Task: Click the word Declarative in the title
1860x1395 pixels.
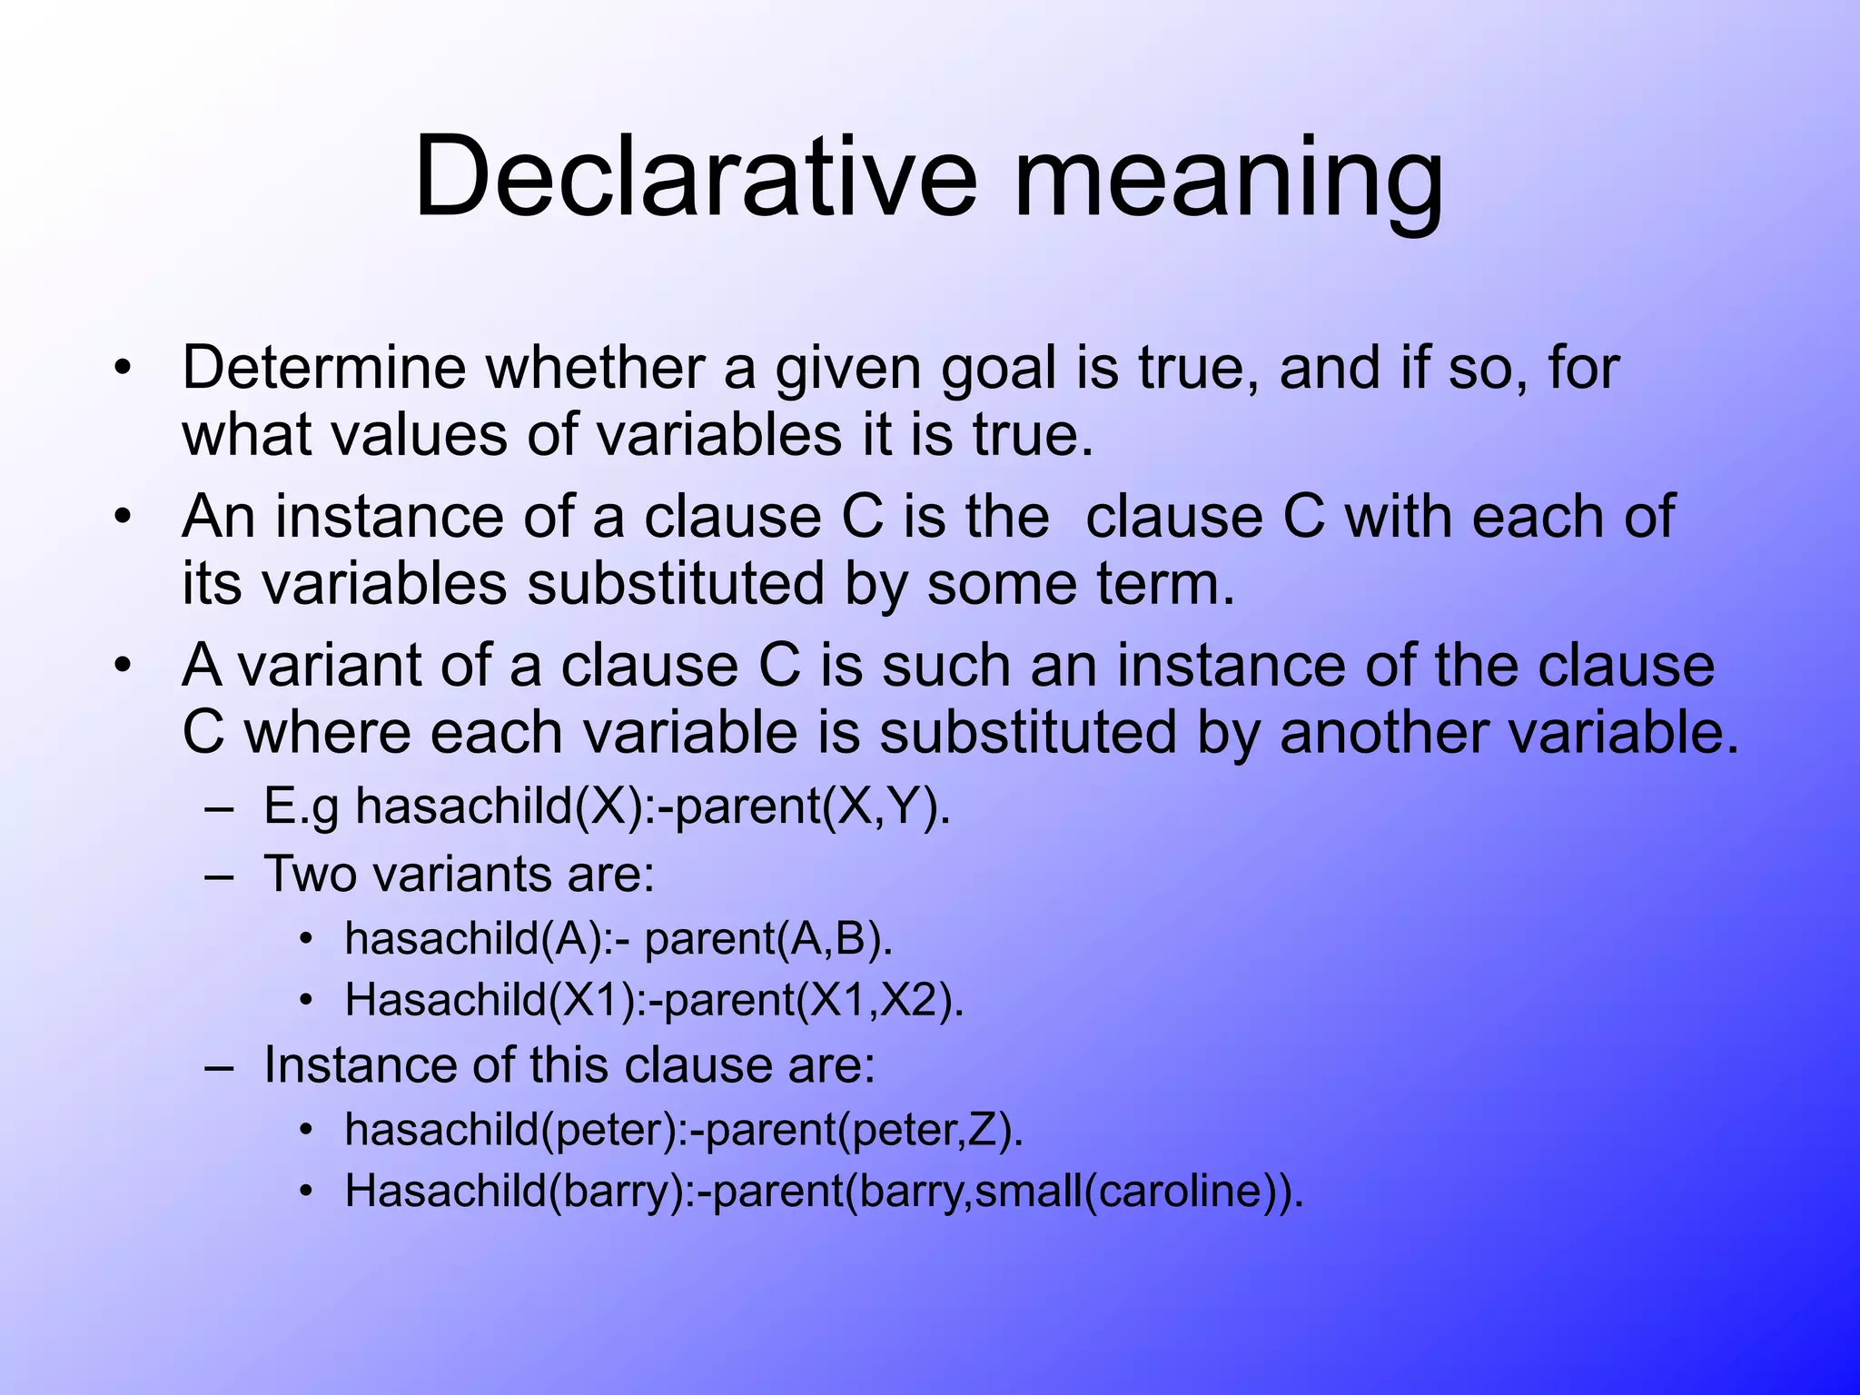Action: pos(696,177)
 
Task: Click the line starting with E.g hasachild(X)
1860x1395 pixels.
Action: pos(607,806)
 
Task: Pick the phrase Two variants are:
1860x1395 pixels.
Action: pos(459,875)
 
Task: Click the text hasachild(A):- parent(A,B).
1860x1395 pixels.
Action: pos(618,938)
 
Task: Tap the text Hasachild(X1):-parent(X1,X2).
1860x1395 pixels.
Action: pos(654,1000)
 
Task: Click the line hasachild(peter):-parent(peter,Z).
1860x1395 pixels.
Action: pos(684,1130)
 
